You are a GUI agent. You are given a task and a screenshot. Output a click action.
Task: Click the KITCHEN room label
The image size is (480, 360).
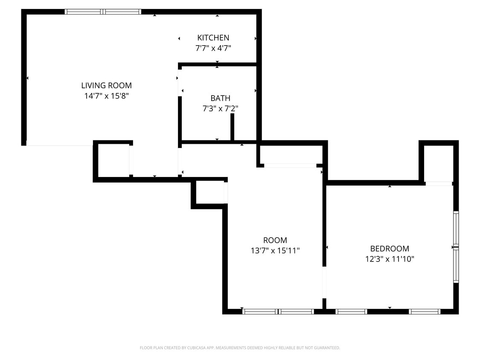(213, 38)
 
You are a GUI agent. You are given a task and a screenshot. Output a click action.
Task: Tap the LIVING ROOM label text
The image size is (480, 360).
(106, 85)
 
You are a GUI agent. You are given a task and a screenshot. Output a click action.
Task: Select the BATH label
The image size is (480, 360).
(220, 98)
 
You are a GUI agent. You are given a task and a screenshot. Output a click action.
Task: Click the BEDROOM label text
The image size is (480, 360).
(390, 248)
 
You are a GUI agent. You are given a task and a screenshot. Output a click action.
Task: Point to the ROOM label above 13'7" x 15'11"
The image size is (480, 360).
(275, 240)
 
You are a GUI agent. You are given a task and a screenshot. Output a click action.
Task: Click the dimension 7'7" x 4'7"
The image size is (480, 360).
(213, 48)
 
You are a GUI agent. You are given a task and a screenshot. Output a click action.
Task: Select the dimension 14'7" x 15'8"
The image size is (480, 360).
(106, 96)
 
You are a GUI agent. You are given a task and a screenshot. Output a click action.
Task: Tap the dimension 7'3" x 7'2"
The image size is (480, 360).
(220, 109)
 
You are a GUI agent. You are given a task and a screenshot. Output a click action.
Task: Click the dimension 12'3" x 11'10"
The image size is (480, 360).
(390, 259)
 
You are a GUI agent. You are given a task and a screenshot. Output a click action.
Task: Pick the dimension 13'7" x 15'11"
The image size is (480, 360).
(275, 251)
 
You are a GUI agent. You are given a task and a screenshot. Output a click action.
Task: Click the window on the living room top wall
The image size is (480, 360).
(103, 12)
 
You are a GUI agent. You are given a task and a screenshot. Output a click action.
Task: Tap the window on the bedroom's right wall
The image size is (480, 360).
(456, 247)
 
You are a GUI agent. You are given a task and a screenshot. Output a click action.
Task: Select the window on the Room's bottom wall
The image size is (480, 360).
(278, 312)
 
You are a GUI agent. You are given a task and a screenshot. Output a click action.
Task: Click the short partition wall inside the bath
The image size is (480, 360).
(233, 127)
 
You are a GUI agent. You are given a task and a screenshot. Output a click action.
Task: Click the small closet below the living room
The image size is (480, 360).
(113, 160)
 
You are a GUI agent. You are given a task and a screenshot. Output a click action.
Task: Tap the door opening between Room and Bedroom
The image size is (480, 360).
(324, 282)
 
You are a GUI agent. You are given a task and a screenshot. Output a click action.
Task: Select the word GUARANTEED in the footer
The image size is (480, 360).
(326, 348)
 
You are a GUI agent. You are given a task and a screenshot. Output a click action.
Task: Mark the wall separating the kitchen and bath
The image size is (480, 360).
(218, 65)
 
